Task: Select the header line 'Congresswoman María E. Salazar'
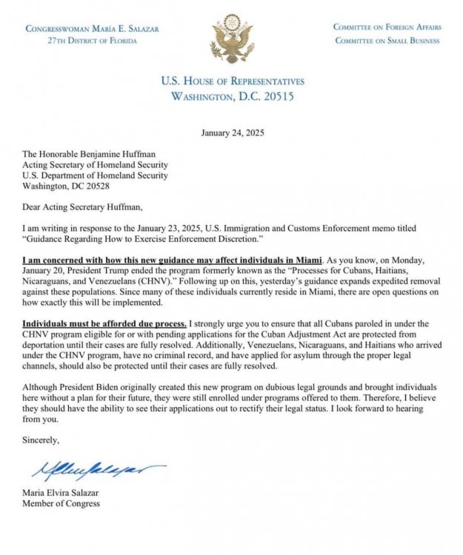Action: pos(81,28)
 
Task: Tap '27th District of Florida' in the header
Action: pos(81,40)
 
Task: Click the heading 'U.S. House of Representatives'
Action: pos(232,81)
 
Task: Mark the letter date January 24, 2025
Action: pos(232,133)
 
